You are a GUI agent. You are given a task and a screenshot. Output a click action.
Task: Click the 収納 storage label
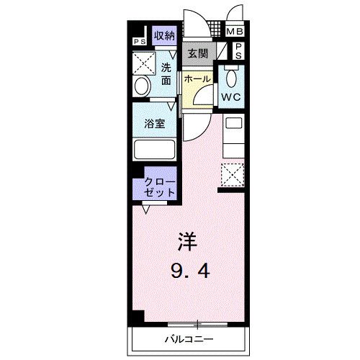(x=165, y=35)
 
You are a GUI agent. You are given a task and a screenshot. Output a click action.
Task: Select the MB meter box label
(x=235, y=32)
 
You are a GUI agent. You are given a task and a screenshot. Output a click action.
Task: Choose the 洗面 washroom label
(x=166, y=73)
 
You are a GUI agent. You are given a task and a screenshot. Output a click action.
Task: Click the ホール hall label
(x=197, y=78)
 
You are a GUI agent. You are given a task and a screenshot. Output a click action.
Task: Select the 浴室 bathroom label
(x=156, y=123)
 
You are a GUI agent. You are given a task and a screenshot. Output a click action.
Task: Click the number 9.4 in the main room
(x=190, y=272)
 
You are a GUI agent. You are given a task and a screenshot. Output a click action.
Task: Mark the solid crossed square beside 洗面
(x=145, y=63)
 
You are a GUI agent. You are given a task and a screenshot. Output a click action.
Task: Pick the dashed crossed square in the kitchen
(x=233, y=174)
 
